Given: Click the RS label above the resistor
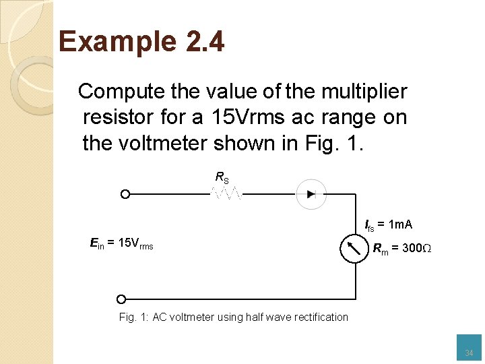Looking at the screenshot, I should coord(222,177).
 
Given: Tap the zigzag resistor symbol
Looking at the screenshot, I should coord(228,194).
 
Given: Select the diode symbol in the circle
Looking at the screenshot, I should coord(311,194).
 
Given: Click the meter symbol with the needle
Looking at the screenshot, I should coord(354,249).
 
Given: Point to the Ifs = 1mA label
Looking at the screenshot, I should coord(388,224).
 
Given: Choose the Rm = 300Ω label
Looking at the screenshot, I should coord(401,249).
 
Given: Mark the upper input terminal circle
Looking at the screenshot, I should coord(125,194).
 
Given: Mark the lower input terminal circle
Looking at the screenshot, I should coord(121,299).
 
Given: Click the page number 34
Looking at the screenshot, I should coord(469,353).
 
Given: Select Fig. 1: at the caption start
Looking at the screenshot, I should coord(134,317).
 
